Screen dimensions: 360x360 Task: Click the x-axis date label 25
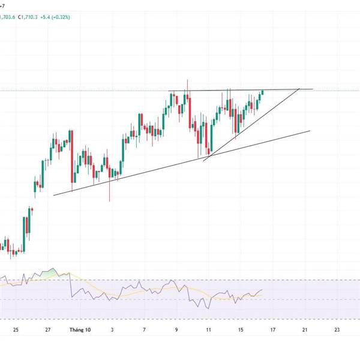point(15,329)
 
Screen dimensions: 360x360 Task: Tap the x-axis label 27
point(47,329)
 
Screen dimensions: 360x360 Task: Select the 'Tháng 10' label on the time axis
point(79,329)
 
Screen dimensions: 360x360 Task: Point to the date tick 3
point(112,329)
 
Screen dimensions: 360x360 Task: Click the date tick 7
point(144,329)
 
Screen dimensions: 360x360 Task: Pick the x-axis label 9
point(176,329)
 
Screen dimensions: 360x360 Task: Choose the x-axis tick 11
point(208,329)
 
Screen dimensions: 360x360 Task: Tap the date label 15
point(241,329)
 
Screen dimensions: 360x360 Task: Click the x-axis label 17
point(272,329)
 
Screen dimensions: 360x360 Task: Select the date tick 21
point(305,329)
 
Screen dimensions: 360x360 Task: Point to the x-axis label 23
point(337,329)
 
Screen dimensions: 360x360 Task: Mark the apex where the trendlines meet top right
point(299,89)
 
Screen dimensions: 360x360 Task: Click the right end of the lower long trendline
point(310,130)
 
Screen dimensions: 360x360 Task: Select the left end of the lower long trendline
point(53,194)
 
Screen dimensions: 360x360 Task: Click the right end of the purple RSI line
point(263,289)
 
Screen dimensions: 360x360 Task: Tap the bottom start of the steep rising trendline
point(204,160)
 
